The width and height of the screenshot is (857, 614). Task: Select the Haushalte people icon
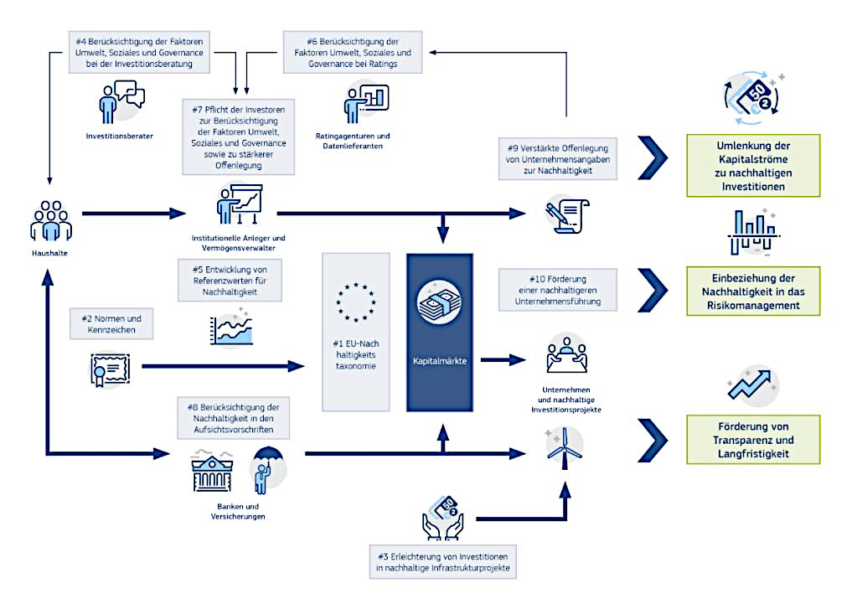tap(51, 220)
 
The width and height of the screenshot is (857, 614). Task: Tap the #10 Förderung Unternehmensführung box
tap(558, 287)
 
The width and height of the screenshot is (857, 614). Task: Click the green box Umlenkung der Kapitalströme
tap(753, 166)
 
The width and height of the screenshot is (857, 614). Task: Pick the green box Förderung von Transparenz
tap(753, 440)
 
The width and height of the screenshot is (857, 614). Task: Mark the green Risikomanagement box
tap(753, 292)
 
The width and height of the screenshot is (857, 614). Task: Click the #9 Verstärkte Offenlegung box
tap(558, 158)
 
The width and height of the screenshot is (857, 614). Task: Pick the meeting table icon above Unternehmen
tap(566, 356)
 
